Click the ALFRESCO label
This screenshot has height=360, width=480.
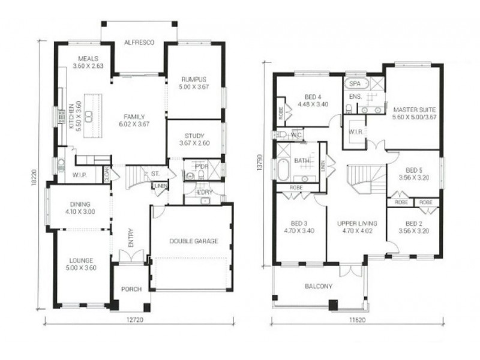(x=139, y=43)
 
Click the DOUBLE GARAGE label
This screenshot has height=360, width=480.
(x=193, y=241)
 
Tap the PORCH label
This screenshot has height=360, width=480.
(x=131, y=289)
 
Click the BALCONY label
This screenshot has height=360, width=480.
(x=318, y=286)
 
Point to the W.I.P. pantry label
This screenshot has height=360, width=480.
(x=80, y=175)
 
